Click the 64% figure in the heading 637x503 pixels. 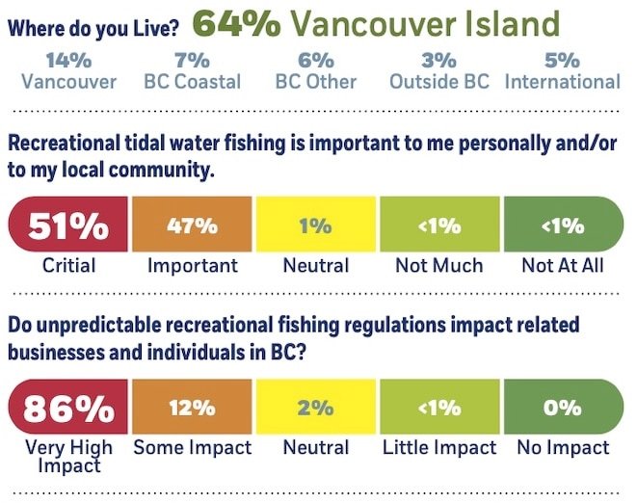(235, 23)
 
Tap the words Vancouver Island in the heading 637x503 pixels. (425, 23)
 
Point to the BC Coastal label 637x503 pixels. (193, 82)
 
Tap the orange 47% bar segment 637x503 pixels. (192, 225)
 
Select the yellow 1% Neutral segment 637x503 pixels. (316, 225)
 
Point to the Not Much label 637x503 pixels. (439, 265)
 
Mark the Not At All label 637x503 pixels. (563, 265)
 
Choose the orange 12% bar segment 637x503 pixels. (192, 408)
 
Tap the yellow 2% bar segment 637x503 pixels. (316, 408)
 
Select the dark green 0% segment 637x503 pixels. (563, 408)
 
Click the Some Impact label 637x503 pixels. (192, 448)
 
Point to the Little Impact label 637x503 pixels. (439, 448)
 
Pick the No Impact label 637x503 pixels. (563, 448)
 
